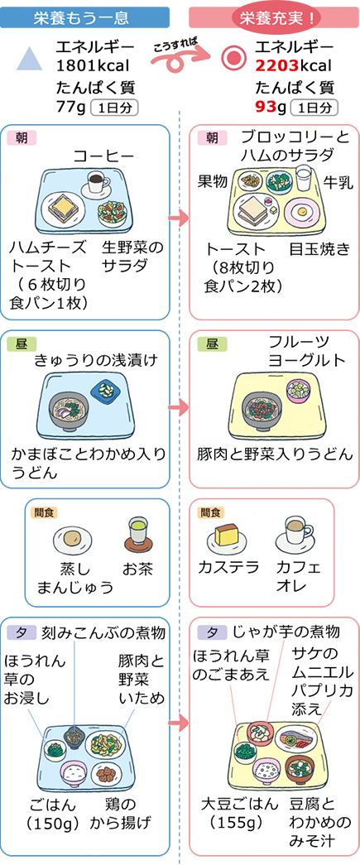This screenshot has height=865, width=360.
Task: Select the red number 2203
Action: click(x=276, y=66)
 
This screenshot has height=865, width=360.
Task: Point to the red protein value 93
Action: click(x=265, y=106)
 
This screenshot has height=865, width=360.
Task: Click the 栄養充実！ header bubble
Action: click(x=273, y=17)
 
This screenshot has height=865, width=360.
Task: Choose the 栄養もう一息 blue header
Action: click(x=84, y=17)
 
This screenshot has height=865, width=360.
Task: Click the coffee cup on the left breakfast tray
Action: click(x=97, y=182)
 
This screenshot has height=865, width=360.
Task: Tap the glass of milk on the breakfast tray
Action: click(x=303, y=180)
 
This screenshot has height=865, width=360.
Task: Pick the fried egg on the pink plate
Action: click(x=300, y=211)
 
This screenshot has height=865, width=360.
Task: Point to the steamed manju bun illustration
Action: click(x=73, y=539)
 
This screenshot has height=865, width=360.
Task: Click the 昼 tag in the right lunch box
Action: click(x=212, y=344)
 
